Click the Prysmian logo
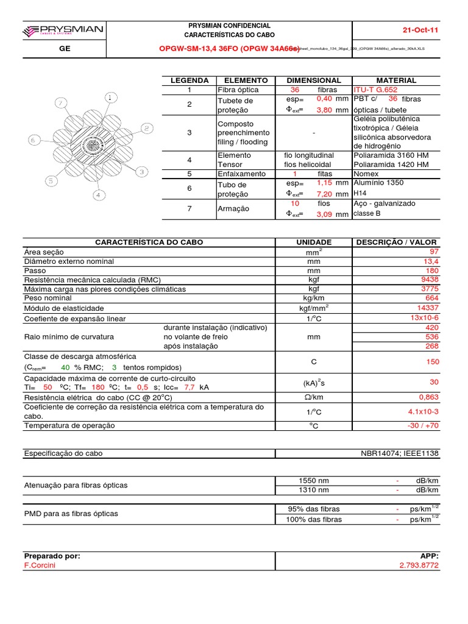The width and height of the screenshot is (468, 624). coord(63,30)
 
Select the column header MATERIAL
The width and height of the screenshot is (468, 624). coord(396,80)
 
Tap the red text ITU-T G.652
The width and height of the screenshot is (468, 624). coord(375,90)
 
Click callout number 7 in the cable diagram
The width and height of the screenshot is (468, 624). coord(60,104)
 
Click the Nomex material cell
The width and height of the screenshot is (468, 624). coord(366,174)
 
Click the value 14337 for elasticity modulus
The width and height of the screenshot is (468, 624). coord(426,308)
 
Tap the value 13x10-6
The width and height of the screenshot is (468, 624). coord(424,318)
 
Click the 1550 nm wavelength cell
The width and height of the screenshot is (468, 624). coord(314,480)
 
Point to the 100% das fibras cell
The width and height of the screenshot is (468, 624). coord(314,519)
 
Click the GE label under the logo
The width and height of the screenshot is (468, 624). coord(63,49)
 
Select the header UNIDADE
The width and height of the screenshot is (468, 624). coord(314,242)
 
